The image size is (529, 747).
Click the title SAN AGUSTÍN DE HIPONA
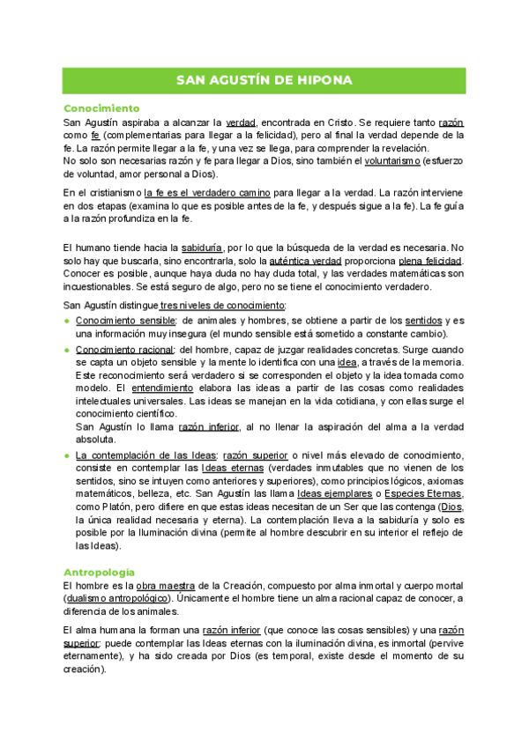coord(264,80)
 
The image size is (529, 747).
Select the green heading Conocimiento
coord(102,107)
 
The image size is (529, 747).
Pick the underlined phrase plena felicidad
coord(430,262)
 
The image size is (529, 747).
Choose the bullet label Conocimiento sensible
coord(126,320)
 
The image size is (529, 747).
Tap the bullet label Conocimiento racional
coord(125,349)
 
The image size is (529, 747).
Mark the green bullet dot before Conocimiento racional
coord(67,350)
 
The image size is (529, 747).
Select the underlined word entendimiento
coord(162,388)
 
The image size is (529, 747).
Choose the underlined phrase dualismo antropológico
coord(115,599)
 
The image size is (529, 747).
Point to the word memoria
coord(445,362)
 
